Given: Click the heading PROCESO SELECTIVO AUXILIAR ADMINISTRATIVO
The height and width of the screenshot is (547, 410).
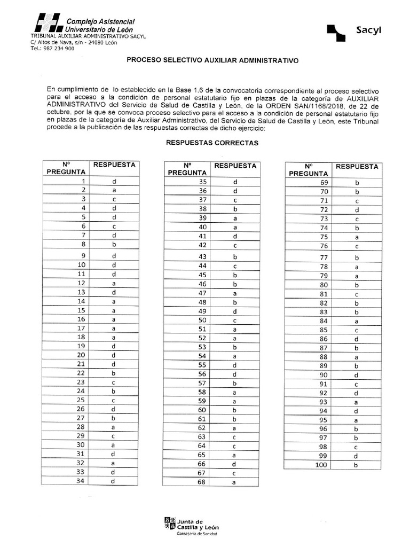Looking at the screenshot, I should click(x=212, y=61).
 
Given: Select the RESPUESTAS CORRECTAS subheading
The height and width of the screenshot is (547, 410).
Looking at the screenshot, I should click(x=212, y=143).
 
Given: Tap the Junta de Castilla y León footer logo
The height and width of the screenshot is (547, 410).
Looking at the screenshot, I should click(x=191, y=526).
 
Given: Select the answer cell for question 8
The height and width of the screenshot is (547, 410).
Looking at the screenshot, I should click(x=114, y=244).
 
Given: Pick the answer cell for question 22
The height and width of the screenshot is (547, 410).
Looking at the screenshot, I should click(x=114, y=373).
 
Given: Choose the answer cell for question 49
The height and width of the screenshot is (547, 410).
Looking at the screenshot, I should click(x=234, y=311).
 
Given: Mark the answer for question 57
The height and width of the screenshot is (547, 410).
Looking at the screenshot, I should click(x=234, y=383).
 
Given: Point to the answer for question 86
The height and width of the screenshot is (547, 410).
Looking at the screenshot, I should click(x=357, y=339).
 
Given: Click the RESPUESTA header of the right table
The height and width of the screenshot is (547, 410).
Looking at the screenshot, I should click(x=357, y=167).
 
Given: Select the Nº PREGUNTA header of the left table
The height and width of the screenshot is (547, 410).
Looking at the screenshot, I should click(x=66, y=168).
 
